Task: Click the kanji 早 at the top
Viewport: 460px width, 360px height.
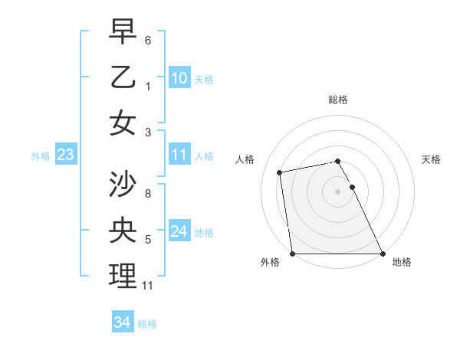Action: pyautogui.click(x=123, y=31)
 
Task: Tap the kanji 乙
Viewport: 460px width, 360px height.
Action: pyautogui.click(x=123, y=77)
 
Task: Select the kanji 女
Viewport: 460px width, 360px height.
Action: pyautogui.click(x=123, y=123)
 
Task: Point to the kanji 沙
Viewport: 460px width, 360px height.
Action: pyautogui.click(x=123, y=185)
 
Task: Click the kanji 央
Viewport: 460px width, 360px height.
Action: pyautogui.click(x=123, y=231)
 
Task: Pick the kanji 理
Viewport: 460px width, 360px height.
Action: pyautogui.click(x=123, y=277)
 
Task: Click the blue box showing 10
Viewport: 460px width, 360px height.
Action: pyautogui.click(x=179, y=78)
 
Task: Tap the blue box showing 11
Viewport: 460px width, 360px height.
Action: pyautogui.click(x=179, y=155)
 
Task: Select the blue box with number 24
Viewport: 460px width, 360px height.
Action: pyautogui.click(x=179, y=231)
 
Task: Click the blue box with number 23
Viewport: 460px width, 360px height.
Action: pyautogui.click(x=65, y=155)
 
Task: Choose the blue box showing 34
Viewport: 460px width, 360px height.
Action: pyautogui.click(x=122, y=322)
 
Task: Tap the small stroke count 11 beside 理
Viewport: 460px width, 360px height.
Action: pyautogui.click(x=149, y=286)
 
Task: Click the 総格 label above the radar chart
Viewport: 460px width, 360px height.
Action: pyautogui.click(x=337, y=99)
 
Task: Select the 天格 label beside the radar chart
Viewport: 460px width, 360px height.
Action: pyautogui.click(x=432, y=159)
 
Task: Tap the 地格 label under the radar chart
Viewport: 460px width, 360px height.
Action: pyautogui.click(x=402, y=262)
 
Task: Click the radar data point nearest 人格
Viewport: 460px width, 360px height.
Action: pyautogui.click(x=281, y=172)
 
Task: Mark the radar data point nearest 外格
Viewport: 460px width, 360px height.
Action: pyautogui.click(x=293, y=253)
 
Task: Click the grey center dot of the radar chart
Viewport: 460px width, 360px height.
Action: pyautogui.click(x=337, y=191)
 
